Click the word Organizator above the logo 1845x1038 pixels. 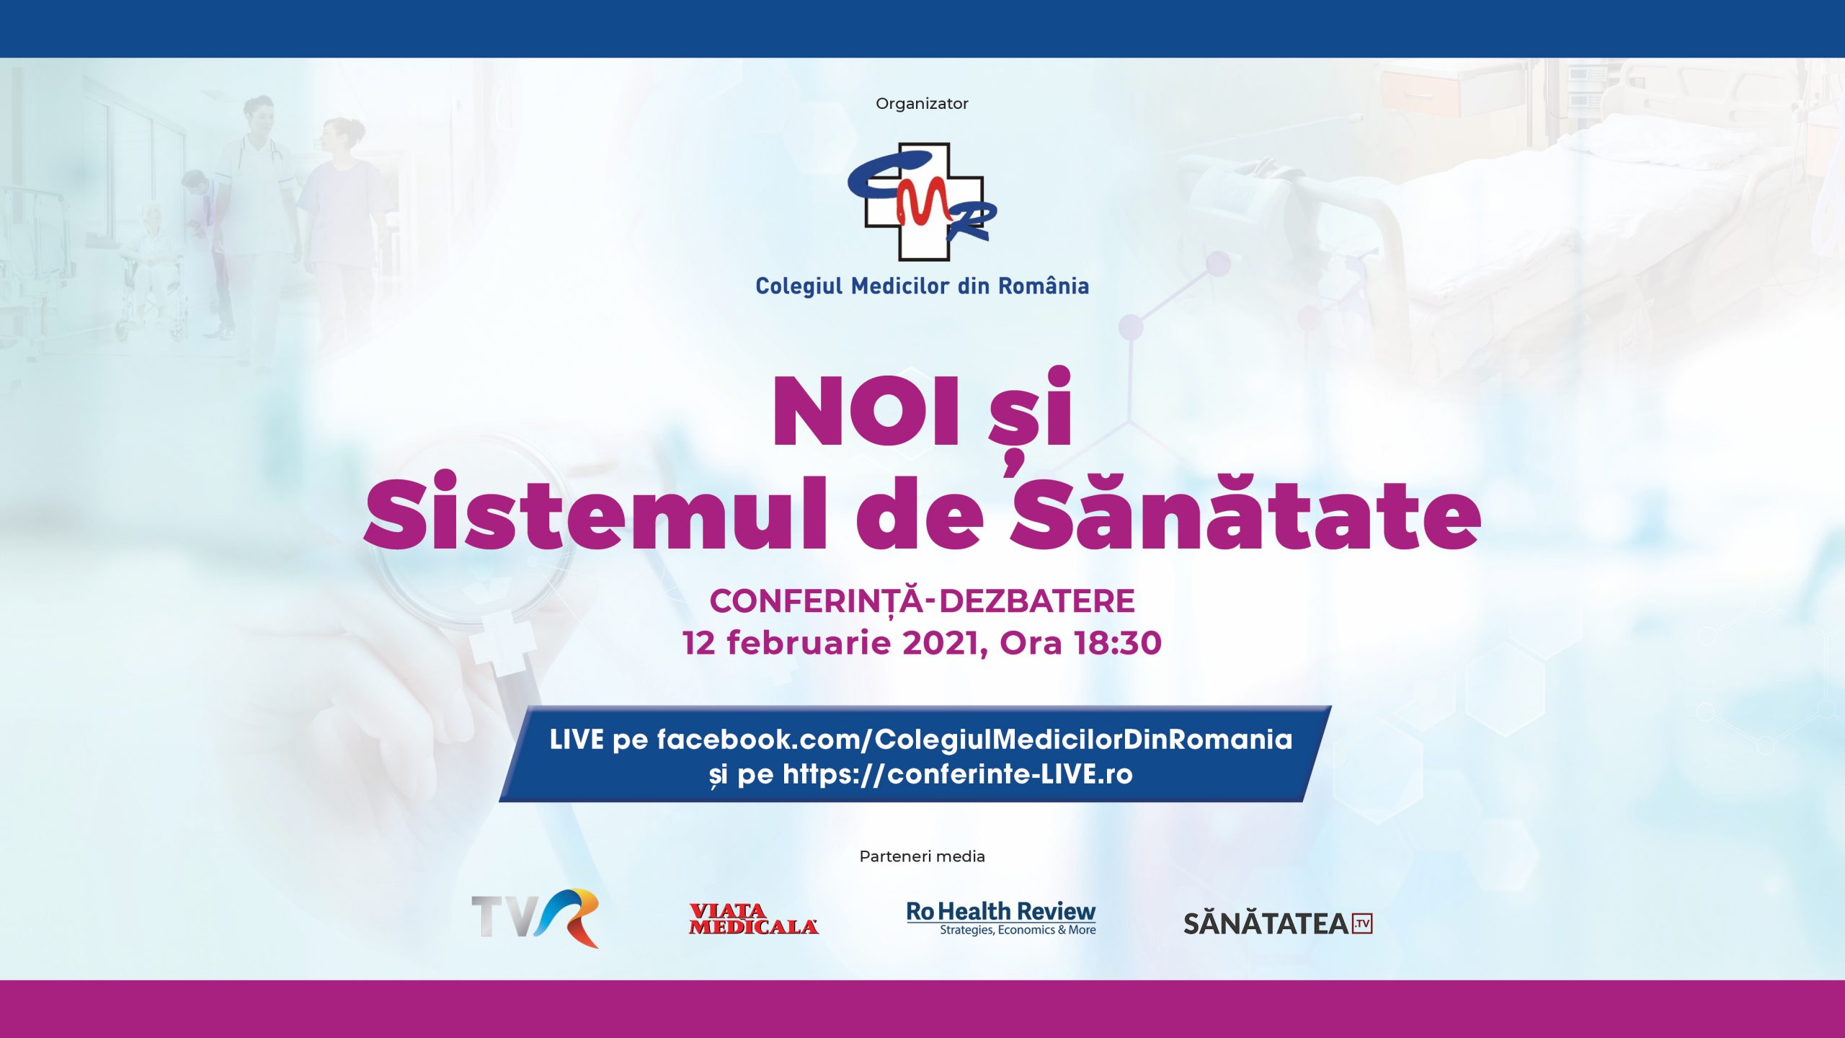click(x=922, y=104)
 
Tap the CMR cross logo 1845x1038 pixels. click(x=922, y=202)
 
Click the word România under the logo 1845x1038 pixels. click(x=1044, y=285)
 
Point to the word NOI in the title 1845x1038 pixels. click(x=866, y=412)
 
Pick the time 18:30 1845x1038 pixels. click(x=1118, y=643)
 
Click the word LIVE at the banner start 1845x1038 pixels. click(x=577, y=740)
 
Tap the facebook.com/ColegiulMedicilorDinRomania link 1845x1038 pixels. click(x=974, y=740)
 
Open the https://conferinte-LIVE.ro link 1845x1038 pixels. click(x=958, y=775)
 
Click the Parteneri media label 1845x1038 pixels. click(x=922, y=856)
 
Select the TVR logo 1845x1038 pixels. click(x=535, y=918)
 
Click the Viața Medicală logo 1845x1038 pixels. click(x=753, y=919)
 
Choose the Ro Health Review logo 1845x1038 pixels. click(x=1001, y=918)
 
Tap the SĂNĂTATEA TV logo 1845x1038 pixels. click(x=1278, y=923)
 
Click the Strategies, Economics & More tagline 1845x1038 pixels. click(x=1018, y=930)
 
